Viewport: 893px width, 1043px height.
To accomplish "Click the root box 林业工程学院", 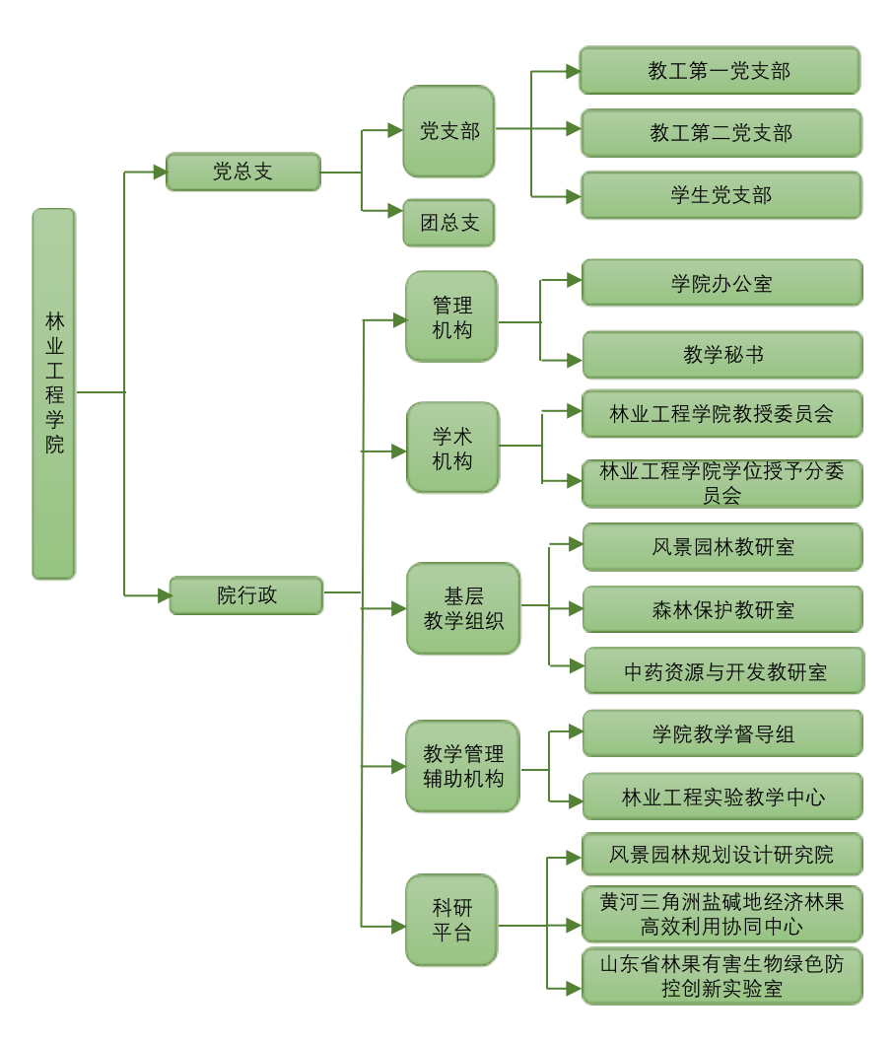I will (x=54, y=393).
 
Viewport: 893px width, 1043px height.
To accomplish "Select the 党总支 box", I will (x=243, y=172).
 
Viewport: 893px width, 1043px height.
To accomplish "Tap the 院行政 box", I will (x=246, y=595).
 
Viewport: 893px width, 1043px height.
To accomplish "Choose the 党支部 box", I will (x=448, y=131).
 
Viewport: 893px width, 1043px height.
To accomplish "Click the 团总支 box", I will (x=448, y=223).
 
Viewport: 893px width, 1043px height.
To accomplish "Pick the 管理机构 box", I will (x=451, y=316).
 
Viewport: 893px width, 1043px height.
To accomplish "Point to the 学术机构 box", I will (x=452, y=448).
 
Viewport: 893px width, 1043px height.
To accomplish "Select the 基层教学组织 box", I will (x=463, y=608).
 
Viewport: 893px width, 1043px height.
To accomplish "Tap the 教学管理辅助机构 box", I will (x=462, y=766).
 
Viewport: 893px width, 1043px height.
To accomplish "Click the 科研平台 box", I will (x=451, y=920).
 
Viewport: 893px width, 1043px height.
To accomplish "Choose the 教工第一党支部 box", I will (x=720, y=71).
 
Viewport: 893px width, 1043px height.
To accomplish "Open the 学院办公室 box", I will (x=722, y=283).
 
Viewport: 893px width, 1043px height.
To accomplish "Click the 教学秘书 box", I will (x=722, y=355).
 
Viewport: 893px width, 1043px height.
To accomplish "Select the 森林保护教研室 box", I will (x=722, y=609).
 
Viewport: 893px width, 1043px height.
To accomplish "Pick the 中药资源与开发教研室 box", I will (x=724, y=671).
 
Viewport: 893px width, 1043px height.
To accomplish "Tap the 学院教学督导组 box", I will (x=722, y=733).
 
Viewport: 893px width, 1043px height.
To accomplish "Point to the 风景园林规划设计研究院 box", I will (x=721, y=854).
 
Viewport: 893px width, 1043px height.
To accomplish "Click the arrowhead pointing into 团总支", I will (x=396, y=210).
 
